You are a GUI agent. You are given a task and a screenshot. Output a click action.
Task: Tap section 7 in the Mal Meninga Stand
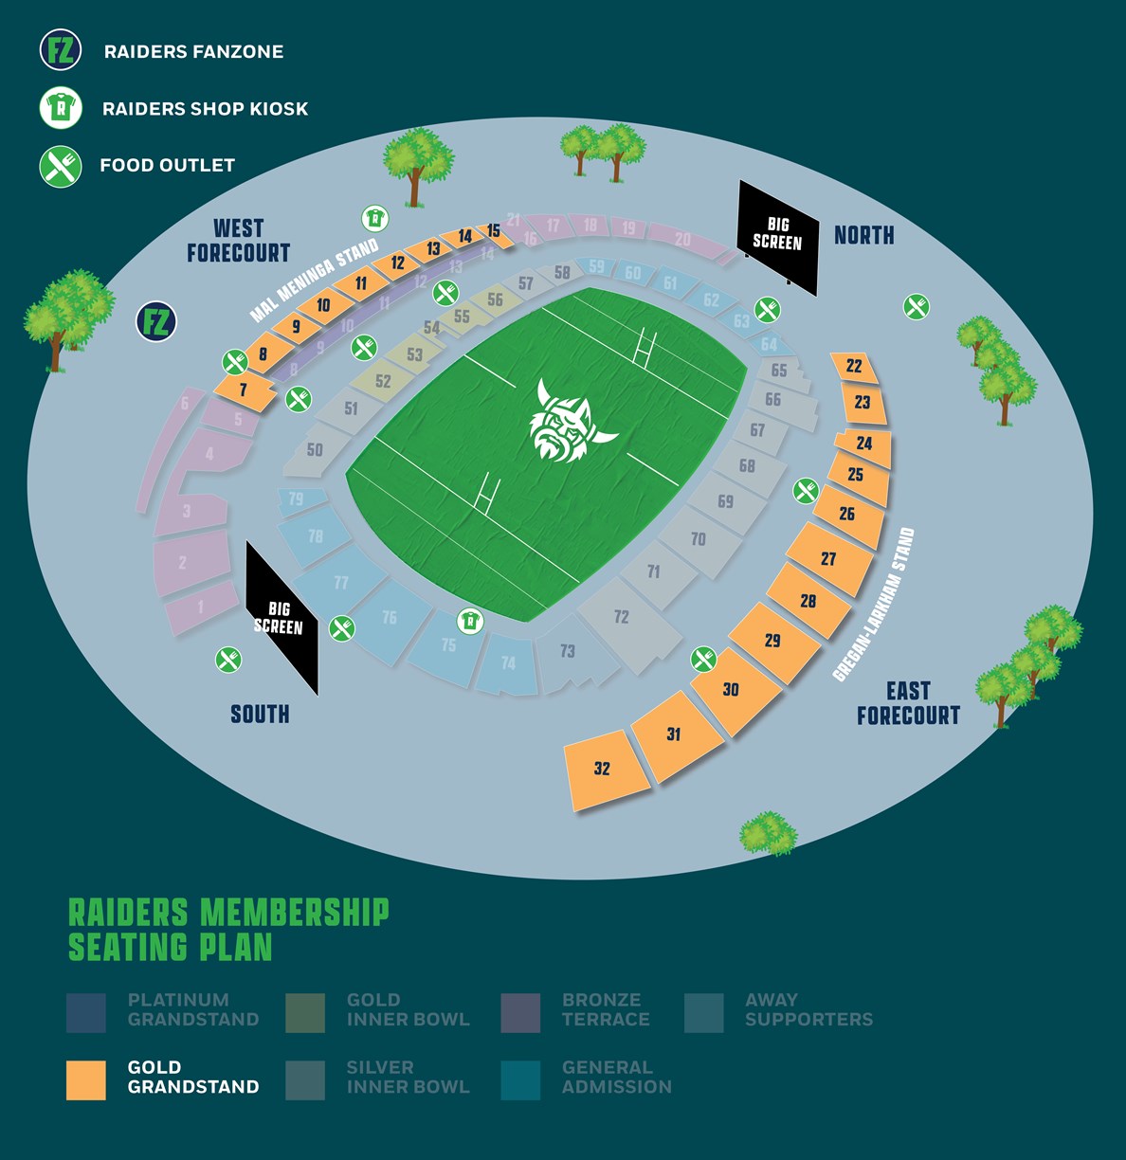coord(244,389)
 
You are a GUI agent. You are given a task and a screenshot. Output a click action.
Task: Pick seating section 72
coord(622,618)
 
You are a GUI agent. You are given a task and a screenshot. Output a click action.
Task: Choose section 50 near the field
coord(316,450)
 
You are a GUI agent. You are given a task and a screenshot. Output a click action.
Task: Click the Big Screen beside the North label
coord(778,236)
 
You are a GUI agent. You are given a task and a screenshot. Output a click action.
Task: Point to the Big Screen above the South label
coord(280,617)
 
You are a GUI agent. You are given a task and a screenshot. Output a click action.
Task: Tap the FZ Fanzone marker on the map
coord(156,322)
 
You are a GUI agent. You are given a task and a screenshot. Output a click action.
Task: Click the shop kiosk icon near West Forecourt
coord(375,219)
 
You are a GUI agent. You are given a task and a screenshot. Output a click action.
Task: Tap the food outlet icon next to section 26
coord(806,490)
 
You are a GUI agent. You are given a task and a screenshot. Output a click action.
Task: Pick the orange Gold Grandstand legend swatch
coord(86,1079)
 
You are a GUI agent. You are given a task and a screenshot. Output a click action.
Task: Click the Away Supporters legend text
coord(808,1010)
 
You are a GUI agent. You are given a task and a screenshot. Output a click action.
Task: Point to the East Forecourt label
coord(908,703)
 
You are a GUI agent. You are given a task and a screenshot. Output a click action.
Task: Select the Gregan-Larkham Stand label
coord(874,605)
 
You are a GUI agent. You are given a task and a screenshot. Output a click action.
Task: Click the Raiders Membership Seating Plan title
coord(228,930)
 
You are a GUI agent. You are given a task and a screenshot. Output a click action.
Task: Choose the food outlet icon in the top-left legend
coord(61,166)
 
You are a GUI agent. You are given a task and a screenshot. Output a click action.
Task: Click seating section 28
coord(807,601)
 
